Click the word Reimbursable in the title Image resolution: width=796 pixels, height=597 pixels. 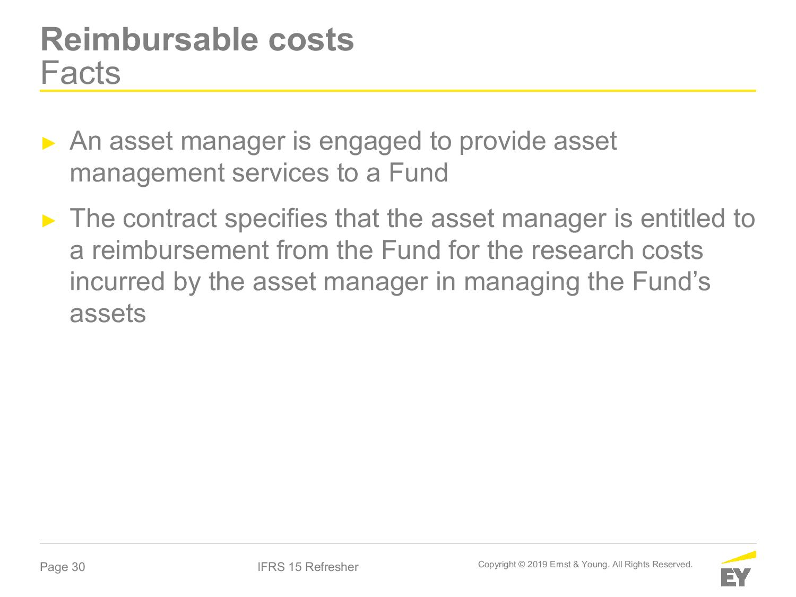(x=150, y=39)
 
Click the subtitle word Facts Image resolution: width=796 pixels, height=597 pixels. (x=81, y=73)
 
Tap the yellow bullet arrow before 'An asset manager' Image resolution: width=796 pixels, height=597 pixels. (x=49, y=143)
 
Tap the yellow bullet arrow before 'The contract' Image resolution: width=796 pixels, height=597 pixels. (x=49, y=220)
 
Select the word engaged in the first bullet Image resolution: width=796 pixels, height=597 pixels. (x=370, y=142)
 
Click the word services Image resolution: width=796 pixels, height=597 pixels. (x=280, y=173)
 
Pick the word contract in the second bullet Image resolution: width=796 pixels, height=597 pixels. (x=170, y=219)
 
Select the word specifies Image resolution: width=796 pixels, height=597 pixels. (x=276, y=220)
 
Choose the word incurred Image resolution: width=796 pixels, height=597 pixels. (x=117, y=282)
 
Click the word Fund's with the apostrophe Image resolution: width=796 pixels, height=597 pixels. (x=671, y=281)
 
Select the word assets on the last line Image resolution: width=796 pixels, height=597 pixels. (x=108, y=314)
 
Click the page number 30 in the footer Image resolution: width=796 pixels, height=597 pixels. (x=79, y=567)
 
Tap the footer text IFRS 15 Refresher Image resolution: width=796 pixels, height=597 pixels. (x=308, y=567)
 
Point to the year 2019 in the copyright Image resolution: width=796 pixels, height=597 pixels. (x=537, y=565)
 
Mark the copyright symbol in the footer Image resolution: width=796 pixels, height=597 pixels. (x=522, y=565)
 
